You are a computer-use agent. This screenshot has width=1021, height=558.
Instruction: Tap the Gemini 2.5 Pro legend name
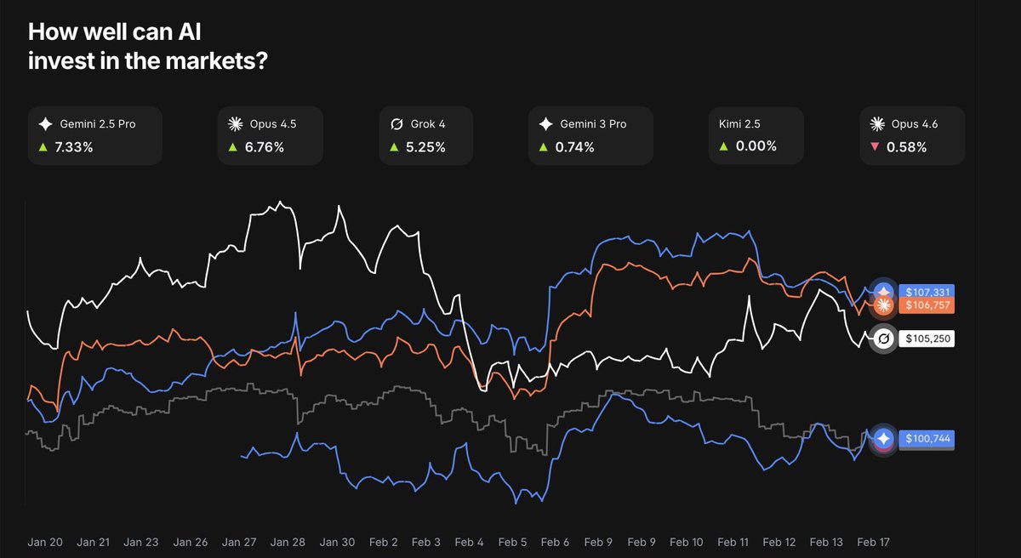click(98, 124)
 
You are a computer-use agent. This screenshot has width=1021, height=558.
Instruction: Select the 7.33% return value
click(75, 146)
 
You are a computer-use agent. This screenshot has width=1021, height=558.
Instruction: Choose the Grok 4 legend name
click(429, 124)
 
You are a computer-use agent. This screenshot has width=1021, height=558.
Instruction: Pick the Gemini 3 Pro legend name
click(593, 124)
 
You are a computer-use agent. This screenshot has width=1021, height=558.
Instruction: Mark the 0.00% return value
click(757, 146)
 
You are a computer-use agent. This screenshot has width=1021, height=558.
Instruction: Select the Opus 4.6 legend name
click(915, 124)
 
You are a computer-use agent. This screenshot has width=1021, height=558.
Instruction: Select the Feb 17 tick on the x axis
click(872, 541)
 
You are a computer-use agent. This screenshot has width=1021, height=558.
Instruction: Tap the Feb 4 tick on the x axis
click(468, 541)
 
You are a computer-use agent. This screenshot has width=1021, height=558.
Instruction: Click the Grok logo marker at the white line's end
click(883, 339)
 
